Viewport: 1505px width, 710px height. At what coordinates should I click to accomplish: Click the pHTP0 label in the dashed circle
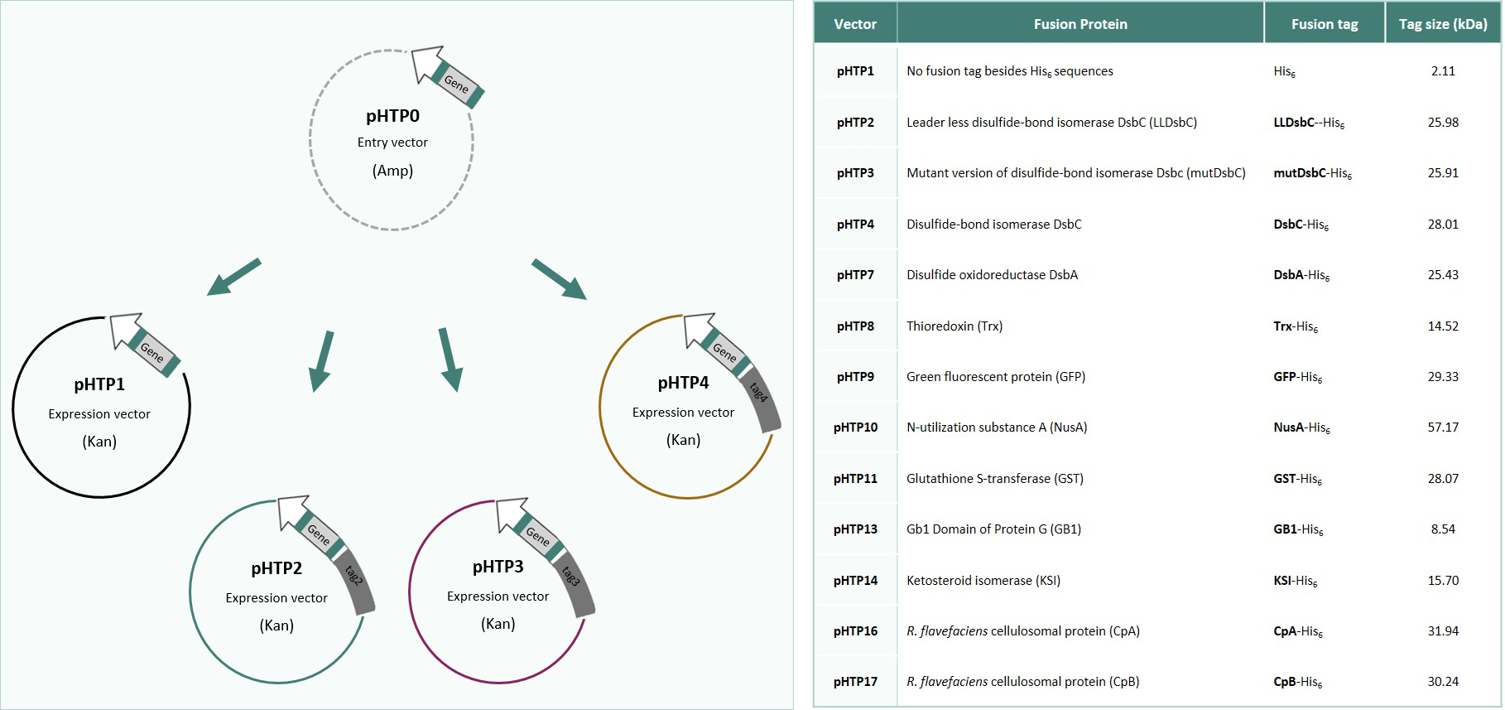(392, 116)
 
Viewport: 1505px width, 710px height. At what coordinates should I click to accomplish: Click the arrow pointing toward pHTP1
(233, 277)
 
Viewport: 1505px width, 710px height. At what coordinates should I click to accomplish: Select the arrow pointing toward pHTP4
(560, 278)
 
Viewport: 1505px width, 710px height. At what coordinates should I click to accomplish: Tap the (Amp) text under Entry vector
(392, 171)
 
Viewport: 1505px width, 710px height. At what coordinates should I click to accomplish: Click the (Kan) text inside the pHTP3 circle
(498, 624)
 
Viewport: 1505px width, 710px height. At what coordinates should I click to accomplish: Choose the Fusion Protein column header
(1079, 24)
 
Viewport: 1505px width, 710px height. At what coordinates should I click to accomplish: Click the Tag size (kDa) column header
(1442, 24)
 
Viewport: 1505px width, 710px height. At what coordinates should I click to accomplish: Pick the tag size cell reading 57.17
(1442, 427)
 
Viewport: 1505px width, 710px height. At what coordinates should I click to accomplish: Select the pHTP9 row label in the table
(855, 377)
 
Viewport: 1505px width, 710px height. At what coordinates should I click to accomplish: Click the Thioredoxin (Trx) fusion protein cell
(954, 326)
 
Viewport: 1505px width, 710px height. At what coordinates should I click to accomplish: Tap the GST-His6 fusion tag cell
(1296, 479)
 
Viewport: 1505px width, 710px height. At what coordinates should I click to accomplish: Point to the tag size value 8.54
(1442, 529)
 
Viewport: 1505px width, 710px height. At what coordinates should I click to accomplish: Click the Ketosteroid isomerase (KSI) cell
(983, 581)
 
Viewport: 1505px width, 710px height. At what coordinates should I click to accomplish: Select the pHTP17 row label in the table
(855, 682)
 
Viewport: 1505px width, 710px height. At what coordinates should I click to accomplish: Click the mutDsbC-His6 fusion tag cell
(1311, 173)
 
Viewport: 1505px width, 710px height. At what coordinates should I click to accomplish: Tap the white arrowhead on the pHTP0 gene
(426, 63)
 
